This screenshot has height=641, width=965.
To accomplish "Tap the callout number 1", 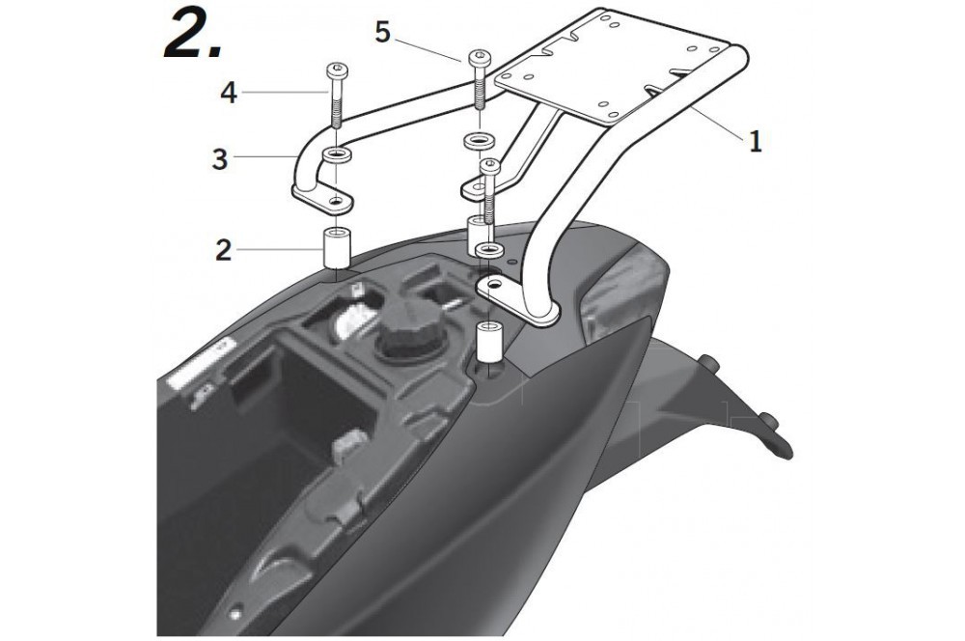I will [755, 142].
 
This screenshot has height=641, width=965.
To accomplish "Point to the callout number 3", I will [221, 159].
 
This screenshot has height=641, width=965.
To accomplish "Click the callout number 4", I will [228, 94].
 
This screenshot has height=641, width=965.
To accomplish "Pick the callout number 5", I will [383, 33].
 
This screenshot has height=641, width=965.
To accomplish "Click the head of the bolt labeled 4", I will [337, 70].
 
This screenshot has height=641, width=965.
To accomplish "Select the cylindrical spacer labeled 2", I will [337, 247].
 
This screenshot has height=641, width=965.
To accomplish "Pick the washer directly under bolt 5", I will [475, 142].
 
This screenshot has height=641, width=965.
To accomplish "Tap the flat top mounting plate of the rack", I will [618, 68].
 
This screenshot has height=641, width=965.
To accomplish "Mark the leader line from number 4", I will [280, 94].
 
